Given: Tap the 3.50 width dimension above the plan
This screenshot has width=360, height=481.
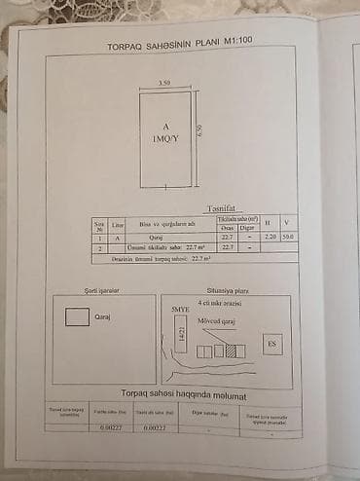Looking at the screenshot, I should [165, 84].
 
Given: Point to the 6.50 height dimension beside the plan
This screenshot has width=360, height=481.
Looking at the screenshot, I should [198, 131].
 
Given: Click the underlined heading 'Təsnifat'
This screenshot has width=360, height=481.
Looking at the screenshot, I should [221, 208].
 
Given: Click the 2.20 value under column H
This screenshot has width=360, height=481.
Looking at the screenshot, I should [270, 238].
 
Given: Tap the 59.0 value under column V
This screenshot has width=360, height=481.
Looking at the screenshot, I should [288, 238].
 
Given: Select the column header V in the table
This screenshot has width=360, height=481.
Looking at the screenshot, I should [288, 224].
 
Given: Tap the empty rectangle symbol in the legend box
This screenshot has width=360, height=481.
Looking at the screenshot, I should [77, 316].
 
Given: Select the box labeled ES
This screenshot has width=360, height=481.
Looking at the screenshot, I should [272, 344].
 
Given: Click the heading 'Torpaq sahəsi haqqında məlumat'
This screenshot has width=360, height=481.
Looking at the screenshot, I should [183, 395].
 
